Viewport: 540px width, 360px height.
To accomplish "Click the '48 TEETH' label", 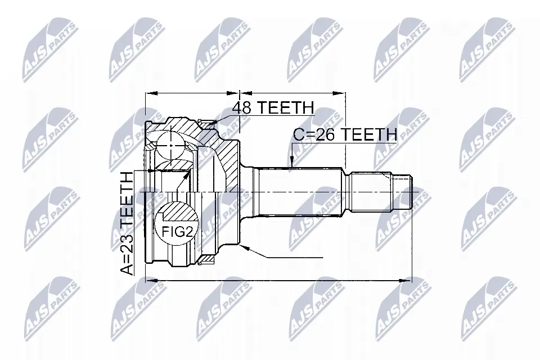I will (x=273, y=107).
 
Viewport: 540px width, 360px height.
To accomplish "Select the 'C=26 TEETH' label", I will (x=345, y=134).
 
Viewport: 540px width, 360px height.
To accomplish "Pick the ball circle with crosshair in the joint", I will (x=170, y=145).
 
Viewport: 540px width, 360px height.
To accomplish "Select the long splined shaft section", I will (x=298, y=192).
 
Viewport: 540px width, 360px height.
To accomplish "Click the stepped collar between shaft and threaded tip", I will (x=371, y=192).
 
